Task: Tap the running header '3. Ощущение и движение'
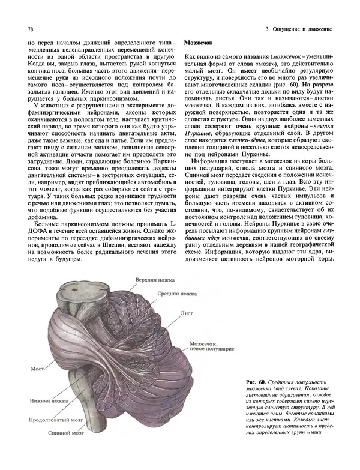[x=298, y=29]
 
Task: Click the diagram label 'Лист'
[x=186, y=313]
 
